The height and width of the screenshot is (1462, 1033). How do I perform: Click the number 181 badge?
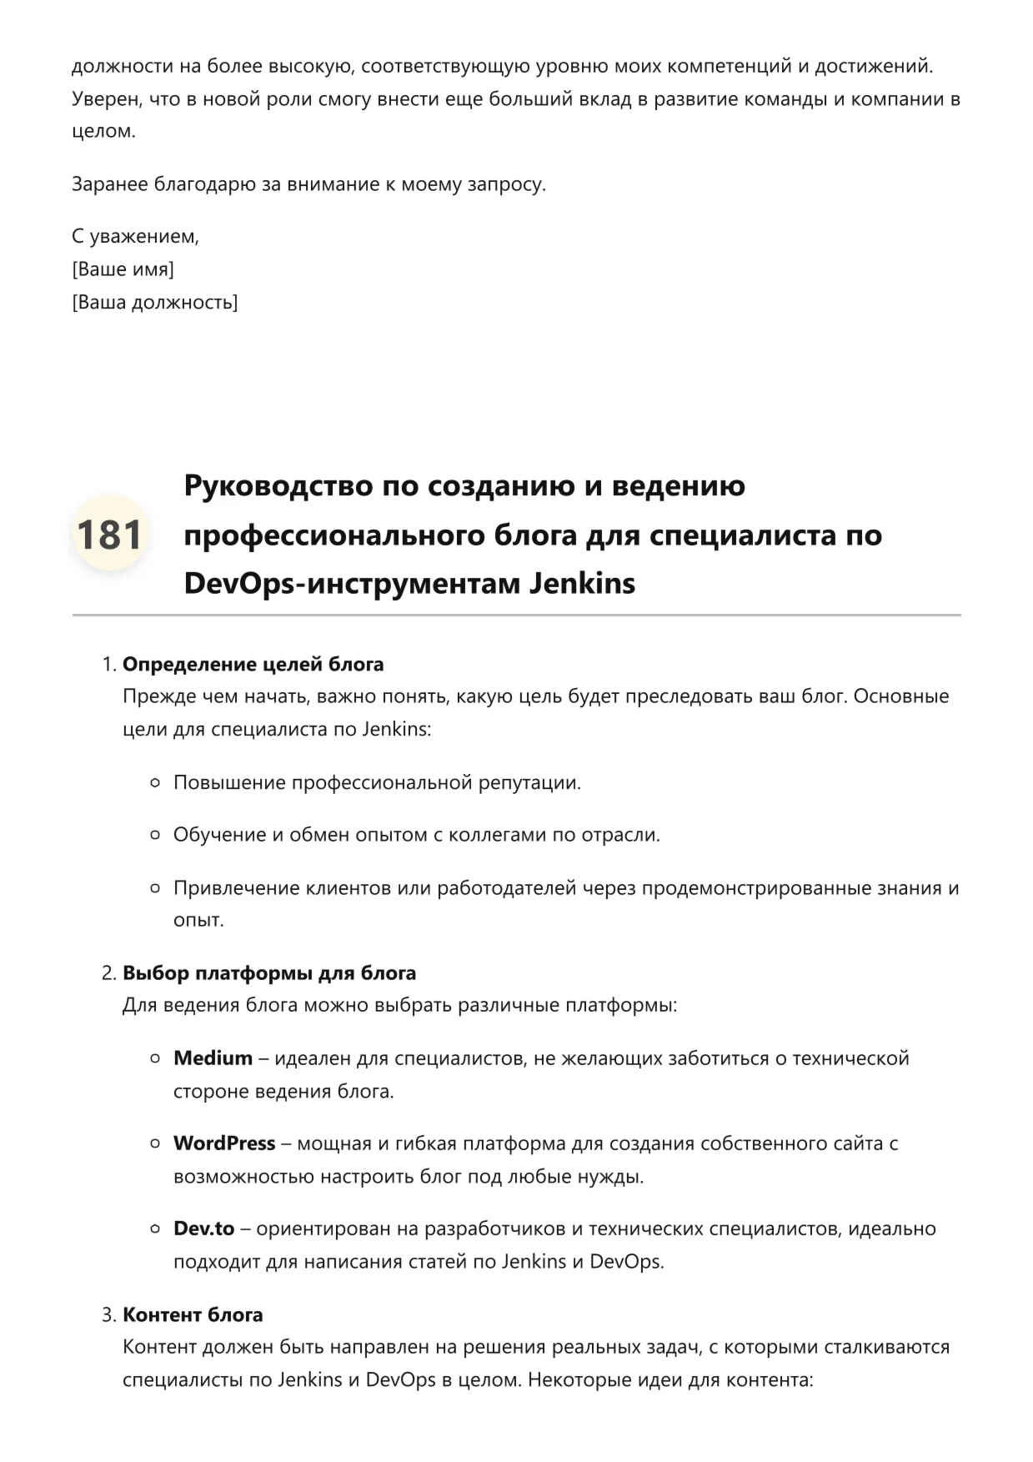coord(109,534)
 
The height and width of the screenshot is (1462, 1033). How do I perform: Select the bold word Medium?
coord(213,1058)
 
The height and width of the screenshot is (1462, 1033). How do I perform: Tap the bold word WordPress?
coord(224,1143)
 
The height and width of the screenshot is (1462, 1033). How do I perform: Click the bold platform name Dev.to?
coord(204,1228)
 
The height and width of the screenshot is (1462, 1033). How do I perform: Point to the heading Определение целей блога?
coord(253,665)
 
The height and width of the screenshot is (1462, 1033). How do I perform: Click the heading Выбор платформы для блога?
coord(269,973)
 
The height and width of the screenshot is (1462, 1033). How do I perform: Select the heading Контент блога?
coord(193,1315)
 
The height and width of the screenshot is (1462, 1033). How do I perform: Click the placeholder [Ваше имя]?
coord(123,269)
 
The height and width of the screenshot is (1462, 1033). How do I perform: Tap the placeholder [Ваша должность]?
coord(155,302)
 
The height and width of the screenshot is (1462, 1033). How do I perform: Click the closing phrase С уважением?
coord(135,237)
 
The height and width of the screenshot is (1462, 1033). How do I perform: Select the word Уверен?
coord(106,99)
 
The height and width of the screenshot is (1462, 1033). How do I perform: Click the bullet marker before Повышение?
coord(155,783)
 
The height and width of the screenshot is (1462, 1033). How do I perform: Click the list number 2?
coord(108,973)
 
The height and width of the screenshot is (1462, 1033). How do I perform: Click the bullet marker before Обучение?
coord(155,835)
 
